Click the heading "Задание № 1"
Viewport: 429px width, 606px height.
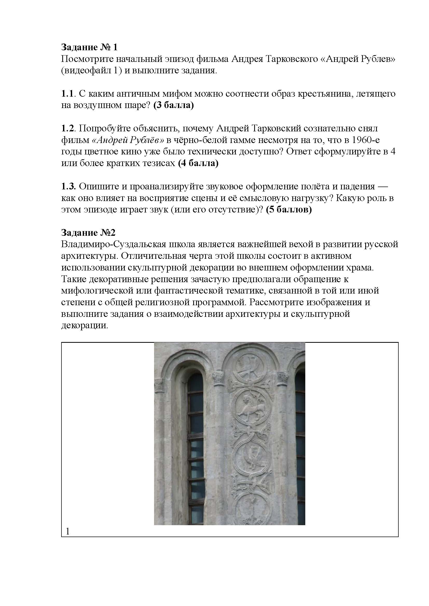(x=89, y=47)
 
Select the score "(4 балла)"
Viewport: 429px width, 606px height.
(x=198, y=163)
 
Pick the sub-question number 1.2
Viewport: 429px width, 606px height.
(x=67, y=128)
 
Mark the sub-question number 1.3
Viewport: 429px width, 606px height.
(x=68, y=186)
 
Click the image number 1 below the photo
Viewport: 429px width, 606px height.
(x=68, y=531)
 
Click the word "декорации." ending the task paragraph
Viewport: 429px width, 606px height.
(x=85, y=325)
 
